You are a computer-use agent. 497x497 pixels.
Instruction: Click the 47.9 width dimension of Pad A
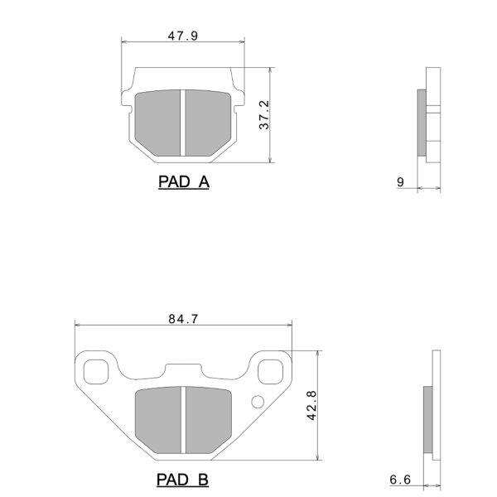(183, 36)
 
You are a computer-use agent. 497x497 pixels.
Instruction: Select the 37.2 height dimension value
(264, 115)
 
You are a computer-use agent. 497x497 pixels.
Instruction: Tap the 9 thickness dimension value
(400, 182)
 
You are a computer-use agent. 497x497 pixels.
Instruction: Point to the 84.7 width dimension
(183, 319)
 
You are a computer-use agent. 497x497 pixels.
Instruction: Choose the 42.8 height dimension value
(312, 405)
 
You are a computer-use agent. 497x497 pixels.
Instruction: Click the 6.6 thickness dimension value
(400, 480)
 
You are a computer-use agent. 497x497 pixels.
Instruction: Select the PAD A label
(184, 182)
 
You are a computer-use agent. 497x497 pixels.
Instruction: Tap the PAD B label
(182, 480)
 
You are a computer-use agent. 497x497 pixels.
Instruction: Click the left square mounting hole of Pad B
(96, 372)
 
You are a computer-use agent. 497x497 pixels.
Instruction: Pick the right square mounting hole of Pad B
(270, 372)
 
